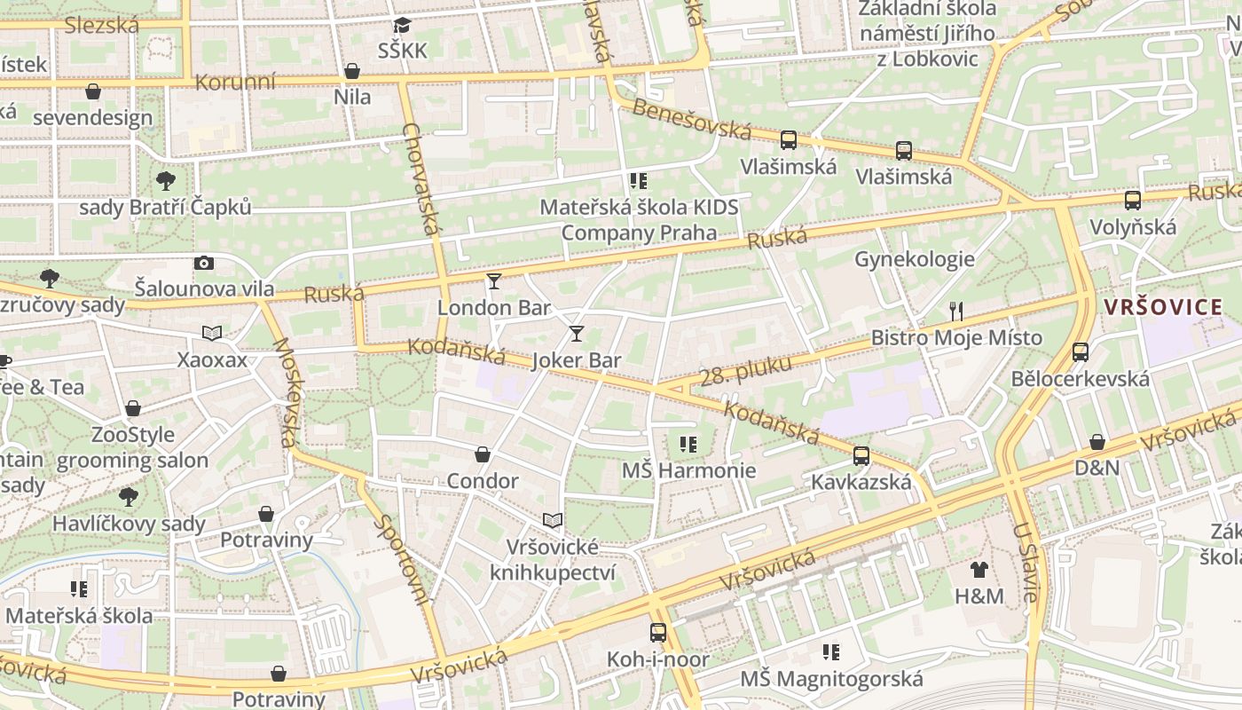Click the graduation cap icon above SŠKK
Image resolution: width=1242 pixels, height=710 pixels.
coord(403,25)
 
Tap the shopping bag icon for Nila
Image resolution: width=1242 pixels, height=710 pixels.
coord(352,71)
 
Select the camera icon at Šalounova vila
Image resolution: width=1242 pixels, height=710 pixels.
coord(204,263)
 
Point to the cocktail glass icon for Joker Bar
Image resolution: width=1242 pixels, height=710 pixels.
coord(577,334)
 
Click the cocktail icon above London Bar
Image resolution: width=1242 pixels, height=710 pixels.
coord(494,281)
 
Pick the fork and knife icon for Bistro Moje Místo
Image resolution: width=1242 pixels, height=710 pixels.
coord(956,311)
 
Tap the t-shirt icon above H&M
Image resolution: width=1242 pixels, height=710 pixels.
coord(979,570)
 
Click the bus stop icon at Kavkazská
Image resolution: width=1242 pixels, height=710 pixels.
coord(861,456)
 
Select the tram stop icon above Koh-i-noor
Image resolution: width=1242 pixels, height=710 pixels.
coord(658,633)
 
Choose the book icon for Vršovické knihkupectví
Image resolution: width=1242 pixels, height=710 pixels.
coord(553,520)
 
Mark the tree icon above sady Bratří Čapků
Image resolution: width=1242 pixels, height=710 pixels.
coord(165,181)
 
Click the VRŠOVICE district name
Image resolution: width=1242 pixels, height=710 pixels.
coord(1163,308)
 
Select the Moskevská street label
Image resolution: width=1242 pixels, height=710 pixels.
coord(284,391)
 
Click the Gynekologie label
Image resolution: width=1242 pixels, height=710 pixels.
coord(915,259)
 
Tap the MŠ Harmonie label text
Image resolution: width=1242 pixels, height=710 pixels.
coord(688,470)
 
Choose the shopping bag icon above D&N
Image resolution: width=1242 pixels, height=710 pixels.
coord(1097,442)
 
